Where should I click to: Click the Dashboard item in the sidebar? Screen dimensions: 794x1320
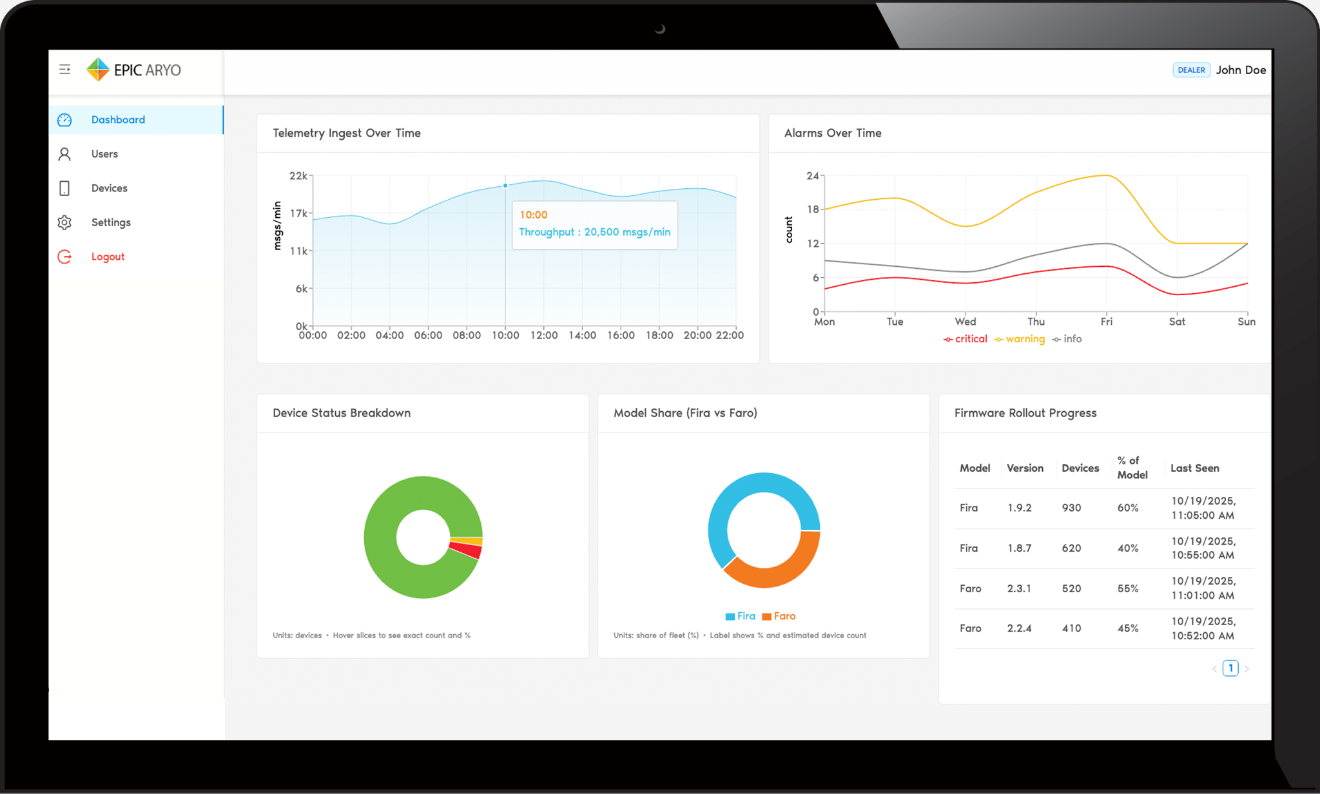118,120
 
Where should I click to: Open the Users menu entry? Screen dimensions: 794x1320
104,154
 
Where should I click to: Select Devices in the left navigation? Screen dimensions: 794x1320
109,188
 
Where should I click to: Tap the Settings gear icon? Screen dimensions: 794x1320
64,222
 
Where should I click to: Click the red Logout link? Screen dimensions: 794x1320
108,257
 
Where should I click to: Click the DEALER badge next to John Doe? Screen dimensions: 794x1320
1190,70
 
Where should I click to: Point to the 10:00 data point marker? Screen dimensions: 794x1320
505,186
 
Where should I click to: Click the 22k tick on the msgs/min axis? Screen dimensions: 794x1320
298,176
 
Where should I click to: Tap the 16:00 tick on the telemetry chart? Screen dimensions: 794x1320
621,335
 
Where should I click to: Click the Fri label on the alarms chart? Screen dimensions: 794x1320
1106,322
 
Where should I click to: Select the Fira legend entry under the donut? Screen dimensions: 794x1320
741,616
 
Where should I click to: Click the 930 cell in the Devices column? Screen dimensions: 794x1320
1071,508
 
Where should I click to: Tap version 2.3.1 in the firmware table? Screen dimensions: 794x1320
1019,588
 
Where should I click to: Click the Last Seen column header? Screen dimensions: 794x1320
1194,468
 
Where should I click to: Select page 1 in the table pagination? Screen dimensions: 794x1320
1230,668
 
